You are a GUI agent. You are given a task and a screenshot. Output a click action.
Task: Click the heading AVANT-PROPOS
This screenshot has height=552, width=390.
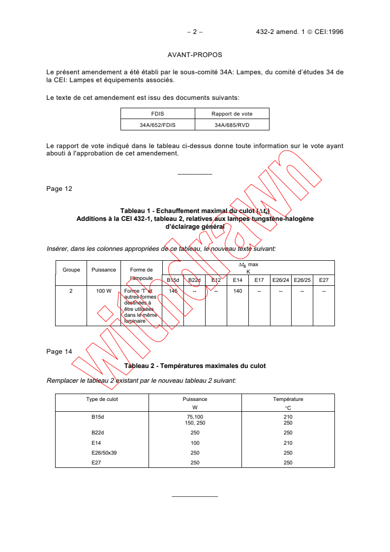[195, 55]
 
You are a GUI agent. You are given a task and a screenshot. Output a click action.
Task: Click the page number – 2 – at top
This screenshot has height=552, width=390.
[195, 32]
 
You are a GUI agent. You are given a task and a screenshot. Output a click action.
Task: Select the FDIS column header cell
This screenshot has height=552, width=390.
[158, 114]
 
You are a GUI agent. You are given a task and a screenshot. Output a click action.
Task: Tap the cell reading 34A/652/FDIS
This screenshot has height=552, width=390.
[158, 125]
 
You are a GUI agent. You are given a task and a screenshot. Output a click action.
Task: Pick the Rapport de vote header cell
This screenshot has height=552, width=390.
[232, 114]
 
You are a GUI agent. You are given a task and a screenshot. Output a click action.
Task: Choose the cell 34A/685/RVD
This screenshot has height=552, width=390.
[232, 125]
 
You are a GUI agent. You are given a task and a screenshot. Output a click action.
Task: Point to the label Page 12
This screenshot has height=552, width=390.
[59, 188]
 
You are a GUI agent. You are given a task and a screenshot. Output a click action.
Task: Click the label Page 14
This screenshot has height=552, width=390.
[59, 351]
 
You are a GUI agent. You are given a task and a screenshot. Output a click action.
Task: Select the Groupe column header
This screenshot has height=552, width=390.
[71, 270]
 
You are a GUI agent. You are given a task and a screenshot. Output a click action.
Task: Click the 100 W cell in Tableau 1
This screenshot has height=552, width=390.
[104, 291]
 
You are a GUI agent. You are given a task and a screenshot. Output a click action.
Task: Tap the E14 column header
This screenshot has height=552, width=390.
[238, 280]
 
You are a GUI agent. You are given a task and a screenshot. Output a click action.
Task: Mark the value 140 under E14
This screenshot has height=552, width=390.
[238, 291]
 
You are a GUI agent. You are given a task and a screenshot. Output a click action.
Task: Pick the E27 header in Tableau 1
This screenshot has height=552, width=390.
[324, 280]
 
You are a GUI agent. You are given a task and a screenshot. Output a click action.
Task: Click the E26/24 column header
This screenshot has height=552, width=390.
[281, 280]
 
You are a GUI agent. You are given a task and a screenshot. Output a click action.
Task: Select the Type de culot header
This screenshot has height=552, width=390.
[102, 399]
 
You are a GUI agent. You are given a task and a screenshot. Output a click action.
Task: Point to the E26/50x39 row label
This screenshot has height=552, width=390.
[104, 453]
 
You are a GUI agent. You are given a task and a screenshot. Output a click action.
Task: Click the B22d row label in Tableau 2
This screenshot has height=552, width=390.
[98, 433]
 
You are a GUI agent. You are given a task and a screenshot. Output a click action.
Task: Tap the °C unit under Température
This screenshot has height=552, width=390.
[288, 408]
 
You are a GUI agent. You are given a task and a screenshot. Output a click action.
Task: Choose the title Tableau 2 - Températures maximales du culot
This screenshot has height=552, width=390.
[195, 366]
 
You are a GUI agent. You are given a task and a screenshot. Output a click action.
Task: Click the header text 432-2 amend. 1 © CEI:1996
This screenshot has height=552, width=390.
[300, 32]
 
